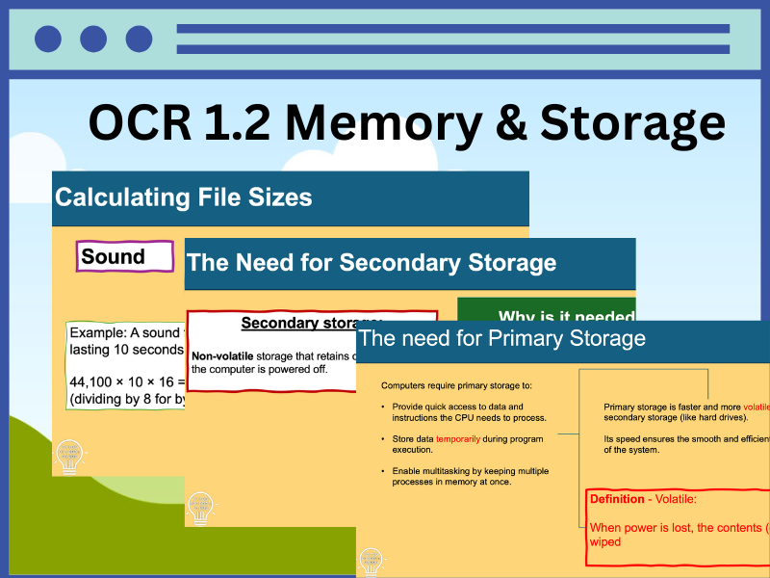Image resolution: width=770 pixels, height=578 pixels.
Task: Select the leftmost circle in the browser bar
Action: pos(48,39)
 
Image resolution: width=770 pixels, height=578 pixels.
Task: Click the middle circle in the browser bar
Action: pos(93,39)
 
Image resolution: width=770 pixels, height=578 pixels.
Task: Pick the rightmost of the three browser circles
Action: pos(139,39)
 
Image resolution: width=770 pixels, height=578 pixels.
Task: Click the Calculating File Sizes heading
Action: pos(184,197)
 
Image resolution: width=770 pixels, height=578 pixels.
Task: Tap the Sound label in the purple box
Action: pos(113,256)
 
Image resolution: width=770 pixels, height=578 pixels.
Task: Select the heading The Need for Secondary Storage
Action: pos(372,262)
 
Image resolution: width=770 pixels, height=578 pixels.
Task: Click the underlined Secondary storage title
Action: pos(311,323)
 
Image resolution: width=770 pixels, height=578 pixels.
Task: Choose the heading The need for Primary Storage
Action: pos(501,338)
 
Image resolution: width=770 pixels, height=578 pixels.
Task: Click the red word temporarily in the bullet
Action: pos(457,439)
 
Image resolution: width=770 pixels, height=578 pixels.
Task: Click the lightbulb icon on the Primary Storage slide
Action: pos(371,561)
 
